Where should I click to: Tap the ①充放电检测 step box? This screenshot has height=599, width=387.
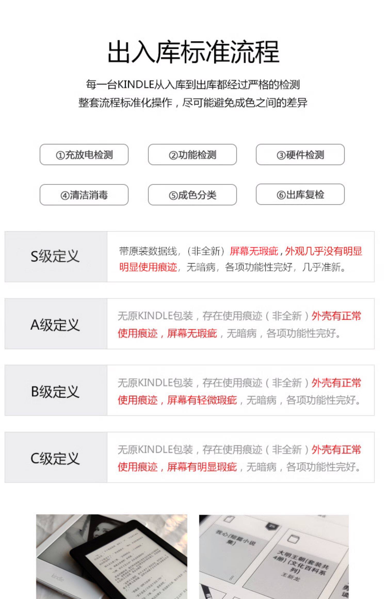click(84, 155)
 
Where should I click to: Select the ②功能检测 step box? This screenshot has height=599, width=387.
click(192, 155)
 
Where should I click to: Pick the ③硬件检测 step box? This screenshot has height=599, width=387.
click(300, 155)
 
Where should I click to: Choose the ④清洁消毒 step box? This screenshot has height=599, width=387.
click(84, 195)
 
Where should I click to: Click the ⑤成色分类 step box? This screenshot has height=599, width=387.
click(192, 195)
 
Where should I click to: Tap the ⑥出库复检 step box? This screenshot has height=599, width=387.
click(300, 194)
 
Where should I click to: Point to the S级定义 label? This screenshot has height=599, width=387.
click(55, 256)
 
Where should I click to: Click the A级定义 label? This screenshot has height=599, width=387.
click(55, 325)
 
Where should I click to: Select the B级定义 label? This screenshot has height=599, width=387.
click(55, 391)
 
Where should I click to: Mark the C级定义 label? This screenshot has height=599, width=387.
click(55, 458)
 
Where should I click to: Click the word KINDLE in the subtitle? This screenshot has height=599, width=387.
click(136, 85)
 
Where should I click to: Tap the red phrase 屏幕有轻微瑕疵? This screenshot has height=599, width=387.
click(202, 400)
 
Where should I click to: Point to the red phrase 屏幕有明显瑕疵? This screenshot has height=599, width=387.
click(202, 467)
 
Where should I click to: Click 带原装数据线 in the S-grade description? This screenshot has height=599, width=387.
click(148, 251)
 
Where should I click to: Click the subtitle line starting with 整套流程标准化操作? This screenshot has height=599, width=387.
click(193, 103)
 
